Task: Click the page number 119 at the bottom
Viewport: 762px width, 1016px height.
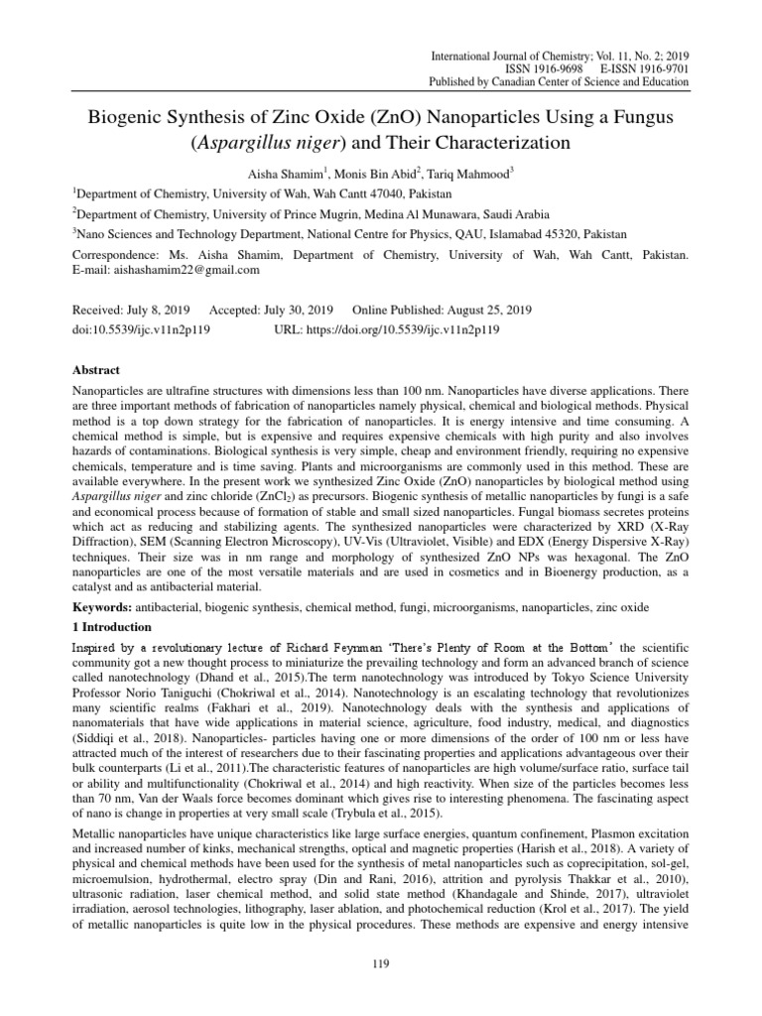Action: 381,961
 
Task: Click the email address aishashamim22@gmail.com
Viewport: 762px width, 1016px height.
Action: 194,271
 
